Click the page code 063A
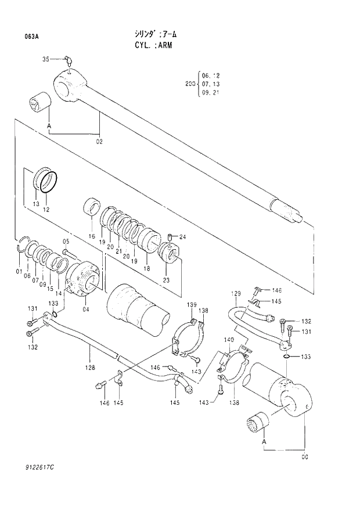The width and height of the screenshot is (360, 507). pyautogui.click(x=31, y=37)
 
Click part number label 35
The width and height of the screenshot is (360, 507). pyautogui.click(x=46, y=59)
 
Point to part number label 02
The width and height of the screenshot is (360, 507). pyautogui.click(x=99, y=141)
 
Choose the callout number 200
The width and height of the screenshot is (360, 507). pyautogui.click(x=189, y=84)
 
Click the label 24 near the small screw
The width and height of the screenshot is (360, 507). pyautogui.click(x=182, y=237)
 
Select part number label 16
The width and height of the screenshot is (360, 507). pyautogui.click(x=91, y=236)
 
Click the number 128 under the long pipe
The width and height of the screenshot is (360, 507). pyautogui.click(x=90, y=368)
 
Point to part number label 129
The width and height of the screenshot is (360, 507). pyautogui.click(x=236, y=293)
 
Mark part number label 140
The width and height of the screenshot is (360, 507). pyautogui.click(x=229, y=339)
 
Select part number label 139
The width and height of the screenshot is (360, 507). pyautogui.click(x=192, y=304)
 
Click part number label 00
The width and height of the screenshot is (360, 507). pyautogui.click(x=305, y=456)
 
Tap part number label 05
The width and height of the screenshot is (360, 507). pyautogui.click(x=66, y=241)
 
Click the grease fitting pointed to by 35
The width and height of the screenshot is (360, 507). pyautogui.click(x=68, y=60)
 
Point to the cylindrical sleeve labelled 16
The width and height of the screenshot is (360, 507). pyautogui.click(x=92, y=209)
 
